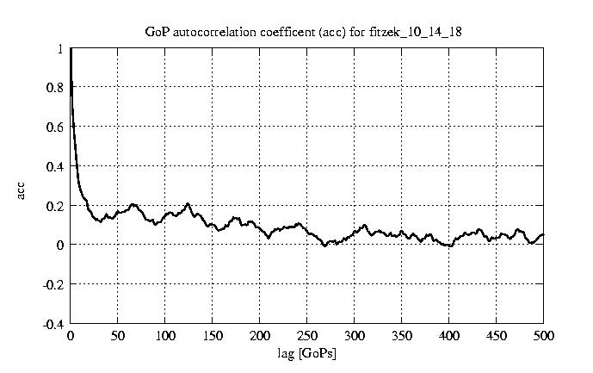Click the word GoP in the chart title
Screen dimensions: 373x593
pyautogui.click(x=157, y=32)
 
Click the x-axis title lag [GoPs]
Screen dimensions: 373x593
pyautogui.click(x=306, y=353)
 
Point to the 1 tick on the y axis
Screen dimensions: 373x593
pyautogui.click(x=60, y=49)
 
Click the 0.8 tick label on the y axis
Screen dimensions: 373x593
pyautogui.click(x=55, y=88)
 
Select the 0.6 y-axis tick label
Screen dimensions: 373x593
pyautogui.click(x=55, y=127)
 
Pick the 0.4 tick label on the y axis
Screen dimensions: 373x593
pyautogui.click(x=55, y=166)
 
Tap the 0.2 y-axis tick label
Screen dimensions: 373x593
pyautogui.click(x=55, y=206)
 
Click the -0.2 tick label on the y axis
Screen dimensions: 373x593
pyautogui.click(x=53, y=284)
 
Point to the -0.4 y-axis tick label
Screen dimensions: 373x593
pyautogui.click(x=53, y=324)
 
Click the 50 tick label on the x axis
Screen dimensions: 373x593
pyautogui.click(x=118, y=336)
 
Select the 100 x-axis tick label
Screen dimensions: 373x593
pyautogui.click(x=165, y=336)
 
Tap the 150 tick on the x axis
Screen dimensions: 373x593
pyautogui.click(x=213, y=336)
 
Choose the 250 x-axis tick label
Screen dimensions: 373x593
pyautogui.click(x=307, y=336)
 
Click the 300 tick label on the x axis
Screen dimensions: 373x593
pyautogui.click(x=355, y=336)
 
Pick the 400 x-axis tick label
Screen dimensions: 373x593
pyautogui.click(x=448, y=336)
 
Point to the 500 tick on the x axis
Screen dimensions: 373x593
pyautogui.click(x=543, y=336)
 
